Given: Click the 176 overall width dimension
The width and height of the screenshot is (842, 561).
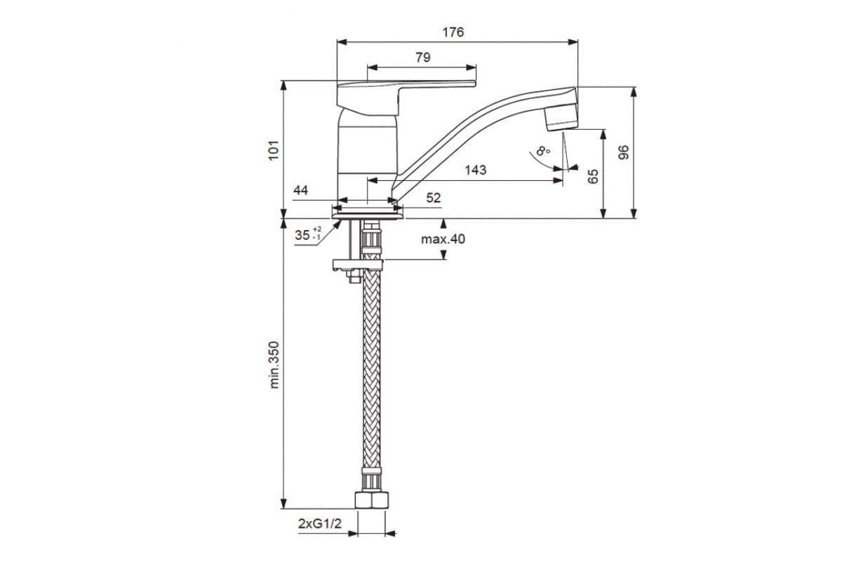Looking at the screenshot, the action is pyautogui.click(x=453, y=32).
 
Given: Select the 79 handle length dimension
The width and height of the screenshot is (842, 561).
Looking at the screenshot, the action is pyautogui.click(x=423, y=58).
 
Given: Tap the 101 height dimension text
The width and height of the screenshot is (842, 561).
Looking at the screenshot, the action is pyautogui.click(x=274, y=150).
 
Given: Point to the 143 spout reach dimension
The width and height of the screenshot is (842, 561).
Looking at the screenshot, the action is pyautogui.click(x=476, y=170).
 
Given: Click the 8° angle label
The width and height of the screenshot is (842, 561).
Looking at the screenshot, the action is pyautogui.click(x=543, y=151).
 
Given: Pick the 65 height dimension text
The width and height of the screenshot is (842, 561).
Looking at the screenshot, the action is pyautogui.click(x=593, y=176).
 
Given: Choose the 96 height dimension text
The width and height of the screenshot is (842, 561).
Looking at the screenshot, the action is pyautogui.click(x=624, y=152).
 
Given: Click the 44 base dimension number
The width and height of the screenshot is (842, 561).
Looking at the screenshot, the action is pyautogui.click(x=300, y=191).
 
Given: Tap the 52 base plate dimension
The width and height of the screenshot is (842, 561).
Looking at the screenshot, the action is pyautogui.click(x=434, y=198).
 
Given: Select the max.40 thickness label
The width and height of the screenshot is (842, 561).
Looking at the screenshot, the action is pyautogui.click(x=443, y=239).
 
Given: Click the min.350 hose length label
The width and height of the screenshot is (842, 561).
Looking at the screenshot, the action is pyautogui.click(x=274, y=365).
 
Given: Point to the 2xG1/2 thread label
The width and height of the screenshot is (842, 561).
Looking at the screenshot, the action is pyautogui.click(x=320, y=523).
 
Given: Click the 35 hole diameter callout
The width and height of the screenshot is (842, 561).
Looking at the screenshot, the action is pyautogui.click(x=308, y=235).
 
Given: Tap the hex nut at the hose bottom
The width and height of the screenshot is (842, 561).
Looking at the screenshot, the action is pyautogui.click(x=371, y=500).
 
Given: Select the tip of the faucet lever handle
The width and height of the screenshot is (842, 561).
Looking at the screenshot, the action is pyautogui.click(x=474, y=83).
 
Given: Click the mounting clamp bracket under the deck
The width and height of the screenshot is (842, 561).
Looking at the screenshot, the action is pyautogui.click(x=357, y=265).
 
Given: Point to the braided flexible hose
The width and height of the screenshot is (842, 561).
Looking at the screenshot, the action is pyautogui.click(x=371, y=368).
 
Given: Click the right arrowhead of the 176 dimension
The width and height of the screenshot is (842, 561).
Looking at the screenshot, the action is pyautogui.click(x=573, y=42).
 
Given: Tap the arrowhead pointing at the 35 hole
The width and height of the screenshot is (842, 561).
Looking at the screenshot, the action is pyautogui.click(x=338, y=224).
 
